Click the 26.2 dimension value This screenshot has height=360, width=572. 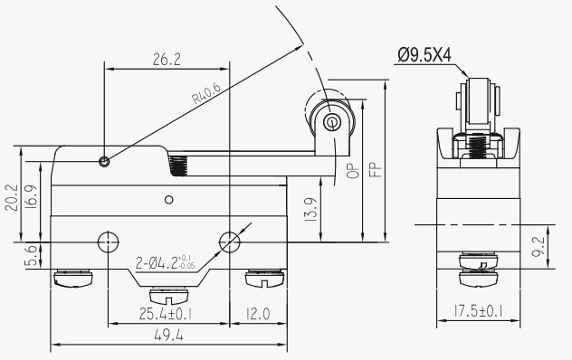167,59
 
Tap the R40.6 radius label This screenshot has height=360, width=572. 206,93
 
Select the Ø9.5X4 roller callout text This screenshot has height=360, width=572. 424,55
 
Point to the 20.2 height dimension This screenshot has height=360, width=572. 12,197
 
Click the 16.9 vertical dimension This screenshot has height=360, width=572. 31,197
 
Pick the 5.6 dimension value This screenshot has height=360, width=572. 32,256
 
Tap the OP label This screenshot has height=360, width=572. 353,171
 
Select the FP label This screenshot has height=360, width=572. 376,169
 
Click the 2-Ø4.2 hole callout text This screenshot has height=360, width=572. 166,262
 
